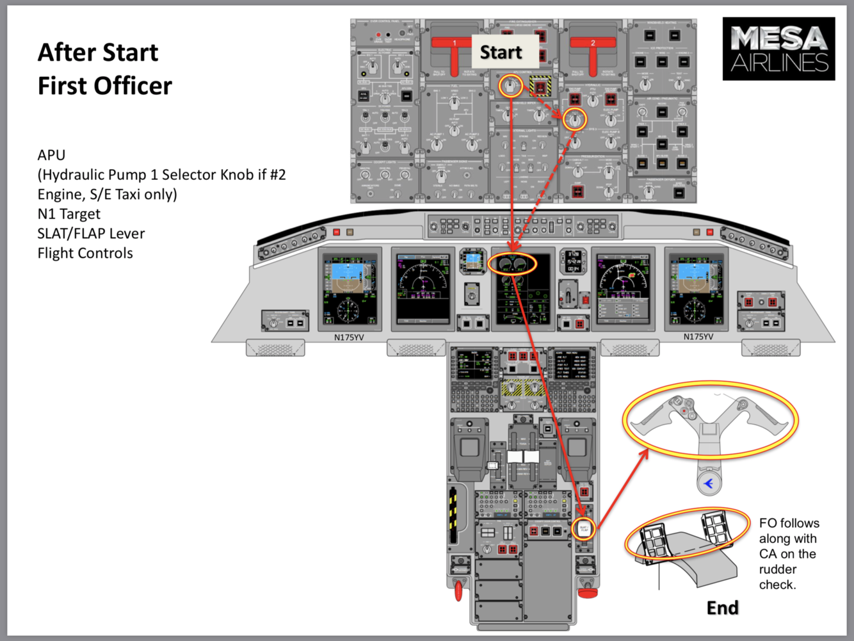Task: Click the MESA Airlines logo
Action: pyautogui.click(x=778, y=49)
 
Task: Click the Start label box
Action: pyautogui.click(x=501, y=52)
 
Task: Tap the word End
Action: pyautogui.click(x=722, y=607)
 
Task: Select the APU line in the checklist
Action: pyautogui.click(x=51, y=155)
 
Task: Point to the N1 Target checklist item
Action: pyautogui.click(x=69, y=214)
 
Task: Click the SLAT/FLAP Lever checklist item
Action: pyautogui.click(x=91, y=234)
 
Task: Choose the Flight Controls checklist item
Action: pyautogui.click(x=85, y=254)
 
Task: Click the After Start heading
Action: pyautogui.click(x=98, y=53)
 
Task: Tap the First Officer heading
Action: pyautogui.click(x=105, y=86)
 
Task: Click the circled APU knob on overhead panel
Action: pyautogui.click(x=510, y=86)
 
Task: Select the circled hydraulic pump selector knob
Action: pyautogui.click(x=575, y=119)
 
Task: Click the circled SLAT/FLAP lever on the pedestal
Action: pyautogui.click(x=584, y=529)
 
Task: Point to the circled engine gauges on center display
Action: pyautogui.click(x=512, y=264)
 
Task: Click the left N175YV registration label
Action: pyautogui.click(x=349, y=337)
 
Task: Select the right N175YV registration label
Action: pyautogui.click(x=698, y=337)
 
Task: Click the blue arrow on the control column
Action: pyautogui.click(x=709, y=483)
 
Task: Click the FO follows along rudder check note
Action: pyautogui.click(x=789, y=554)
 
